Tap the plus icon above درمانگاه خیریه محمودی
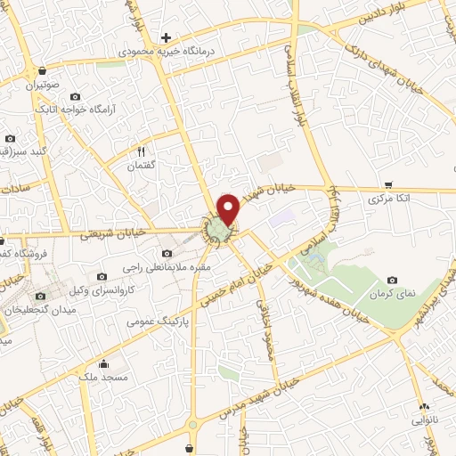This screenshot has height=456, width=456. [166, 37]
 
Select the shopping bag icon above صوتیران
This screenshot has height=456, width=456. [32, 72]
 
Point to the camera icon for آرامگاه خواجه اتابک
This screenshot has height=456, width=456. [74, 95]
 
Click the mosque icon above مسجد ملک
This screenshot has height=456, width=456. [103, 363]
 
